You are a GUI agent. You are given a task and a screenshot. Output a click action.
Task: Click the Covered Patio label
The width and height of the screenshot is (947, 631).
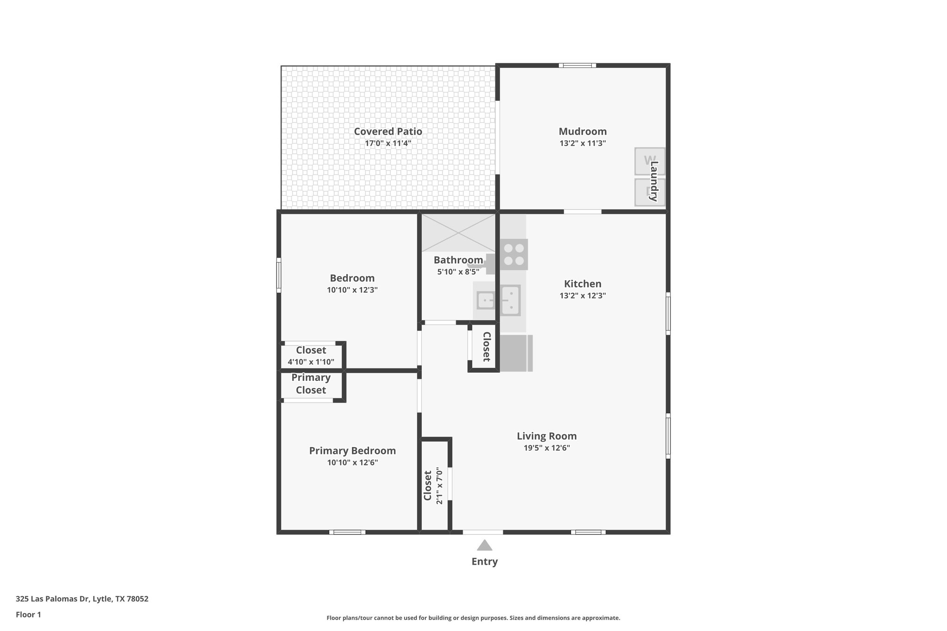click(387, 131)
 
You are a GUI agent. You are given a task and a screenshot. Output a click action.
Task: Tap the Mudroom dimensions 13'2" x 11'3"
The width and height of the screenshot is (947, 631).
click(582, 143)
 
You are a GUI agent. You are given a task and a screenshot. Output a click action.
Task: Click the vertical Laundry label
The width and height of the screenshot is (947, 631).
click(654, 181)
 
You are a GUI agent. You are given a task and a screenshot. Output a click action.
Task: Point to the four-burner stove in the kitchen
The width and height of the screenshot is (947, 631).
click(514, 254)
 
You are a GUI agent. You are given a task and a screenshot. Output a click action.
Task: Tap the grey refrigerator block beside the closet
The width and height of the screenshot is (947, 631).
click(516, 353)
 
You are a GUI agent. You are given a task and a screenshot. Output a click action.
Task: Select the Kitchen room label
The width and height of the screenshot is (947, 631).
click(582, 284)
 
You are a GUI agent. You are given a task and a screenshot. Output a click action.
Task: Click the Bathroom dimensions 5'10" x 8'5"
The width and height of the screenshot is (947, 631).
click(458, 272)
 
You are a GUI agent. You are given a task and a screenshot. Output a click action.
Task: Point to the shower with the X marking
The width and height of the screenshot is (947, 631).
click(458, 233)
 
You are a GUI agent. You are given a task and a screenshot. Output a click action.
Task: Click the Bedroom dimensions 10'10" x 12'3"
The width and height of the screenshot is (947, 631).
click(352, 290)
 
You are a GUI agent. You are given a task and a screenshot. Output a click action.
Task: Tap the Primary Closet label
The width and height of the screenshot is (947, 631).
click(311, 384)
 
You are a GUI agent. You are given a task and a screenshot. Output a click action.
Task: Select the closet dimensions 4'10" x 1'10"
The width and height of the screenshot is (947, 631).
click(311, 362)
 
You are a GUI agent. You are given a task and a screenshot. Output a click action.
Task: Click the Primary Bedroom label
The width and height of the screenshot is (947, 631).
click(352, 451)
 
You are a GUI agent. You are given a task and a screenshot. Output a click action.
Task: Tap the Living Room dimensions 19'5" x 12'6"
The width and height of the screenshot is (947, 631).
click(546, 448)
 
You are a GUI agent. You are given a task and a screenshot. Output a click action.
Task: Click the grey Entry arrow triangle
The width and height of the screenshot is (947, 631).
click(484, 546)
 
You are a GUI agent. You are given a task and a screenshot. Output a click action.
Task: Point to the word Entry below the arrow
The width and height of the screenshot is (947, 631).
click(484, 562)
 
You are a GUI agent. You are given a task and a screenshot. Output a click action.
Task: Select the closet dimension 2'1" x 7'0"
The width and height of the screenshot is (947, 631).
click(439, 486)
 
